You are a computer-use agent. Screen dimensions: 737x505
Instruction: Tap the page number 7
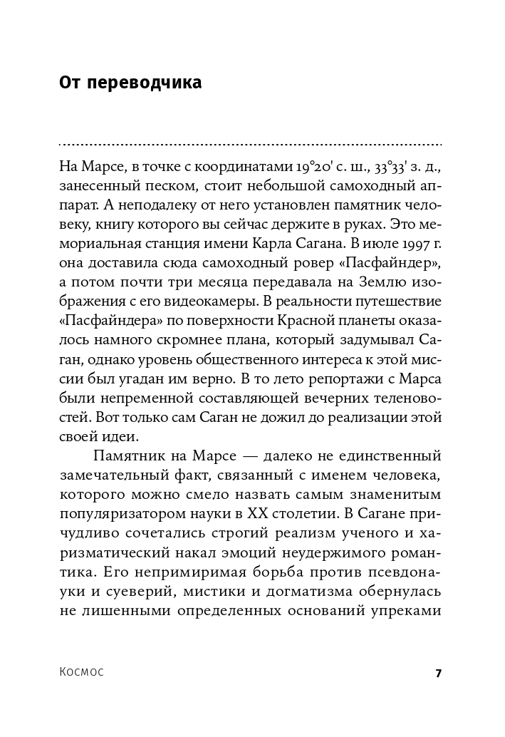tap(439, 673)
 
